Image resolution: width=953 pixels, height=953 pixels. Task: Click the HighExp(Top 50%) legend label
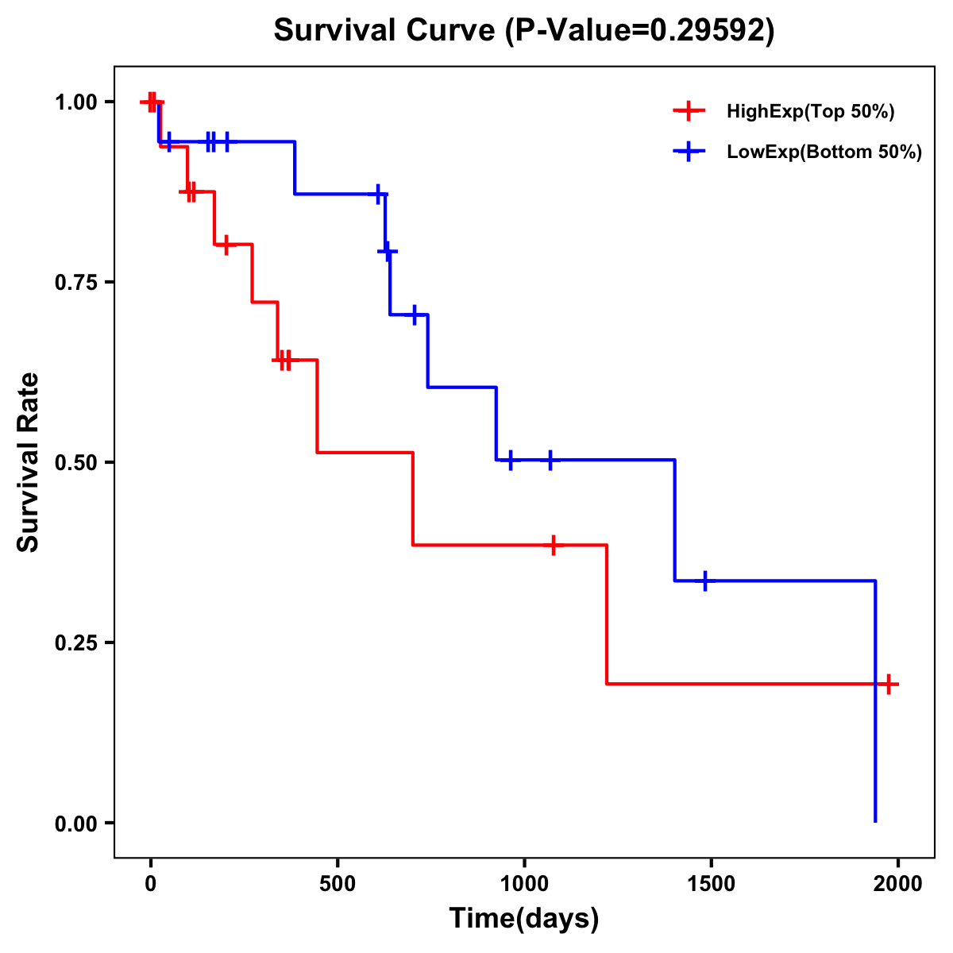coord(810,112)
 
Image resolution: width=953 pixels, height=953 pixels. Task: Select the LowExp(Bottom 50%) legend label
coord(824,152)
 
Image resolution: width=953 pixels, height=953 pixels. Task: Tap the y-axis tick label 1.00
coord(75,102)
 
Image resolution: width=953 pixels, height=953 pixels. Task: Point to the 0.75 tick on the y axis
coord(75,283)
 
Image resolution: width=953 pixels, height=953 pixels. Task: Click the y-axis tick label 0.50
coord(75,463)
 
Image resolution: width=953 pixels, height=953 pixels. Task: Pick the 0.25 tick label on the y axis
coord(75,643)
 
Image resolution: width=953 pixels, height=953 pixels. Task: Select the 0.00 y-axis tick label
coord(75,824)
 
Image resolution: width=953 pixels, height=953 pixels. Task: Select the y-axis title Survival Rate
coord(29,462)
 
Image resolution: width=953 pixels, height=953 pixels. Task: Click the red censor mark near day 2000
coord(889,684)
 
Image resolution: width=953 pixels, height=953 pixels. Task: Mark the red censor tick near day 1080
coord(554,545)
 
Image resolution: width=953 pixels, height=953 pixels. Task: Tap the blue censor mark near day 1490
coord(704,581)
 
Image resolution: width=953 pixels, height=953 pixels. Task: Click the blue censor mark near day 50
coord(168,142)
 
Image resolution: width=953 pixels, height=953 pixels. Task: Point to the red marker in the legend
coord(689,112)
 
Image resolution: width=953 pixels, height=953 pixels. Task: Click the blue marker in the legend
coord(689,152)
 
